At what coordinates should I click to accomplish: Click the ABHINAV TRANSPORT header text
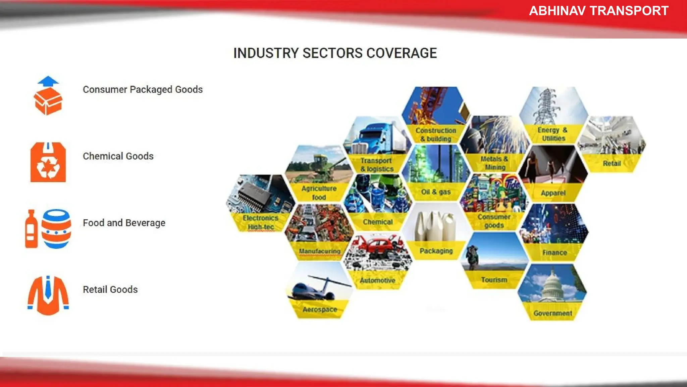(598, 11)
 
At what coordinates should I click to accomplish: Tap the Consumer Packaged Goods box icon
(48, 100)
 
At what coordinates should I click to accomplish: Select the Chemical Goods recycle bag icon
(48, 163)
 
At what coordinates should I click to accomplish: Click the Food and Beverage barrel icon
(56, 229)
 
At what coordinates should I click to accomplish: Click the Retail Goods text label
(110, 290)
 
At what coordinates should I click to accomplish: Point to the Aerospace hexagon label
(319, 309)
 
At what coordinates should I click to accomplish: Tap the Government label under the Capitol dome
(552, 313)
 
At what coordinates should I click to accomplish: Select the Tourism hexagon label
(494, 280)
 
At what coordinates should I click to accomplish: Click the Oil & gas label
(436, 192)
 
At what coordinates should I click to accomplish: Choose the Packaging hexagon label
(436, 251)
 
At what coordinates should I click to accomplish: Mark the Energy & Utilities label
(552, 134)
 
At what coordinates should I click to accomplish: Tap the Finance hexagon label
(554, 253)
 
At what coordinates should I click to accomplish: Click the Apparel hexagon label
(553, 193)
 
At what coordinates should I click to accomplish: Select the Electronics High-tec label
(261, 222)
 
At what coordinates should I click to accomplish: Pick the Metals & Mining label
(494, 163)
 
